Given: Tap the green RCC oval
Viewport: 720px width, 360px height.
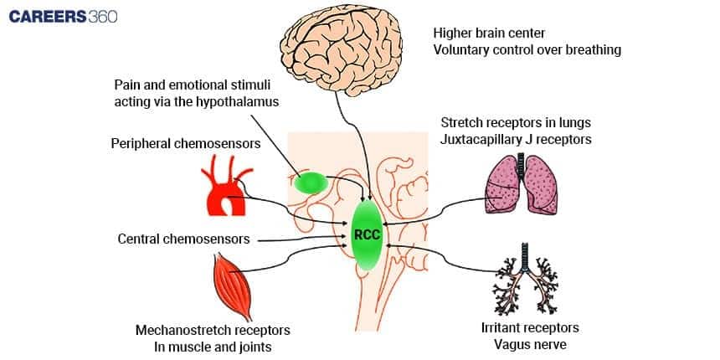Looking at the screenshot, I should click(367, 235).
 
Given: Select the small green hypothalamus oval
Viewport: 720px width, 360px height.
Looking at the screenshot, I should click(312, 183).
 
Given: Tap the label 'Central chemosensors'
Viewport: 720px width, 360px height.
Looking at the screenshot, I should click(183, 239).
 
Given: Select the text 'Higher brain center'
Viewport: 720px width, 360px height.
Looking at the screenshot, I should click(489, 33).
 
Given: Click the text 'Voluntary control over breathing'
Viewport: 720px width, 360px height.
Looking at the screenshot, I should click(527, 50).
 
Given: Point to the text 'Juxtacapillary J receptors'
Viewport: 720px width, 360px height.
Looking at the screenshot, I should click(516, 140).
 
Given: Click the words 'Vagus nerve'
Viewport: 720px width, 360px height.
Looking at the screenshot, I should click(531, 343).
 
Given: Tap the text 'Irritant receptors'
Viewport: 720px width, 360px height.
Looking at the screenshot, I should click(530, 327).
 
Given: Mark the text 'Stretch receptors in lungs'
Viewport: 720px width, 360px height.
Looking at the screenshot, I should click(516, 123).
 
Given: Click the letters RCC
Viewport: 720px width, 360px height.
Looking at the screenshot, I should click(367, 235).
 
